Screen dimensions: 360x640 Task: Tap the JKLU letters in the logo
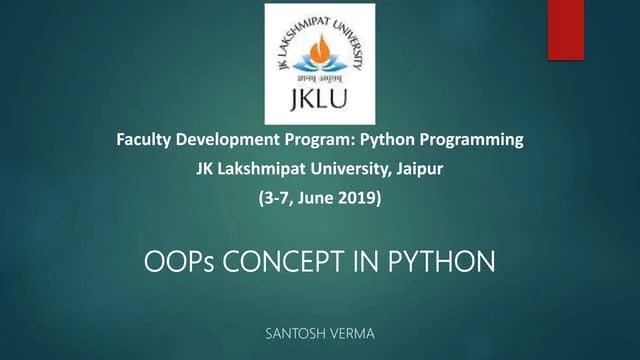pyautogui.click(x=319, y=103)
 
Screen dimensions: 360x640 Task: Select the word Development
pyautogui.click(x=233, y=140)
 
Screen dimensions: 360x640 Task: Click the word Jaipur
pyautogui.click(x=419, y=169)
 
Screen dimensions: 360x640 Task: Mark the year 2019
pyautogui.click(x=362, y=198)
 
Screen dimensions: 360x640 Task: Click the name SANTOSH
pyautogui.click(x=293, y=333)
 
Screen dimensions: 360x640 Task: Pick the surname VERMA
pyautogui.click(x=350, y=333)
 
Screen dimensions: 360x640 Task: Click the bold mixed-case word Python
pyautogui.click(x=396, y=140)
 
